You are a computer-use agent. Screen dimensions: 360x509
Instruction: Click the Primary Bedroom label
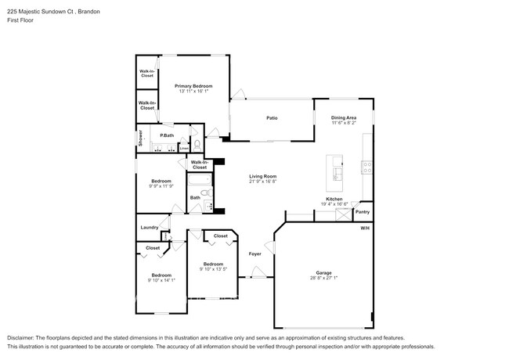[193, 85]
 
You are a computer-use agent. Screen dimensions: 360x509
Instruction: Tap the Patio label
[272, 118]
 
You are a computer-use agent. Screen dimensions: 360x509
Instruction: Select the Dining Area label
[343, 117]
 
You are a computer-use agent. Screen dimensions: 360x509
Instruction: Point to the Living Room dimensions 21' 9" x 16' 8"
[263, 182]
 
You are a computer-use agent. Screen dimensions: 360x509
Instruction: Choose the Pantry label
[363, 211]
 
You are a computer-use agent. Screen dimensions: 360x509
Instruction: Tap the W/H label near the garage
[364, 228]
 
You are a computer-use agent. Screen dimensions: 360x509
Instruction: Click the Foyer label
[254, 254]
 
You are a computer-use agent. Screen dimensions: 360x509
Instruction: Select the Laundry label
[149, 228]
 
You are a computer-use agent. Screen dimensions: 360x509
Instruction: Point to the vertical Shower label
[141, 139]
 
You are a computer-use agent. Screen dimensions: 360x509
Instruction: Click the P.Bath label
[167, 135]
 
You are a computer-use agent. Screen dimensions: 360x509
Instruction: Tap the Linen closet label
[182, 146]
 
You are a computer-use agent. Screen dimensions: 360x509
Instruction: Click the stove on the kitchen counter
[366, 165]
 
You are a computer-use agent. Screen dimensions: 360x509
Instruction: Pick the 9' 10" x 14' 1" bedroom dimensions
[161, 280]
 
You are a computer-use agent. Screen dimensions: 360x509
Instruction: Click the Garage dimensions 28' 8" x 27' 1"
[323, 279]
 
